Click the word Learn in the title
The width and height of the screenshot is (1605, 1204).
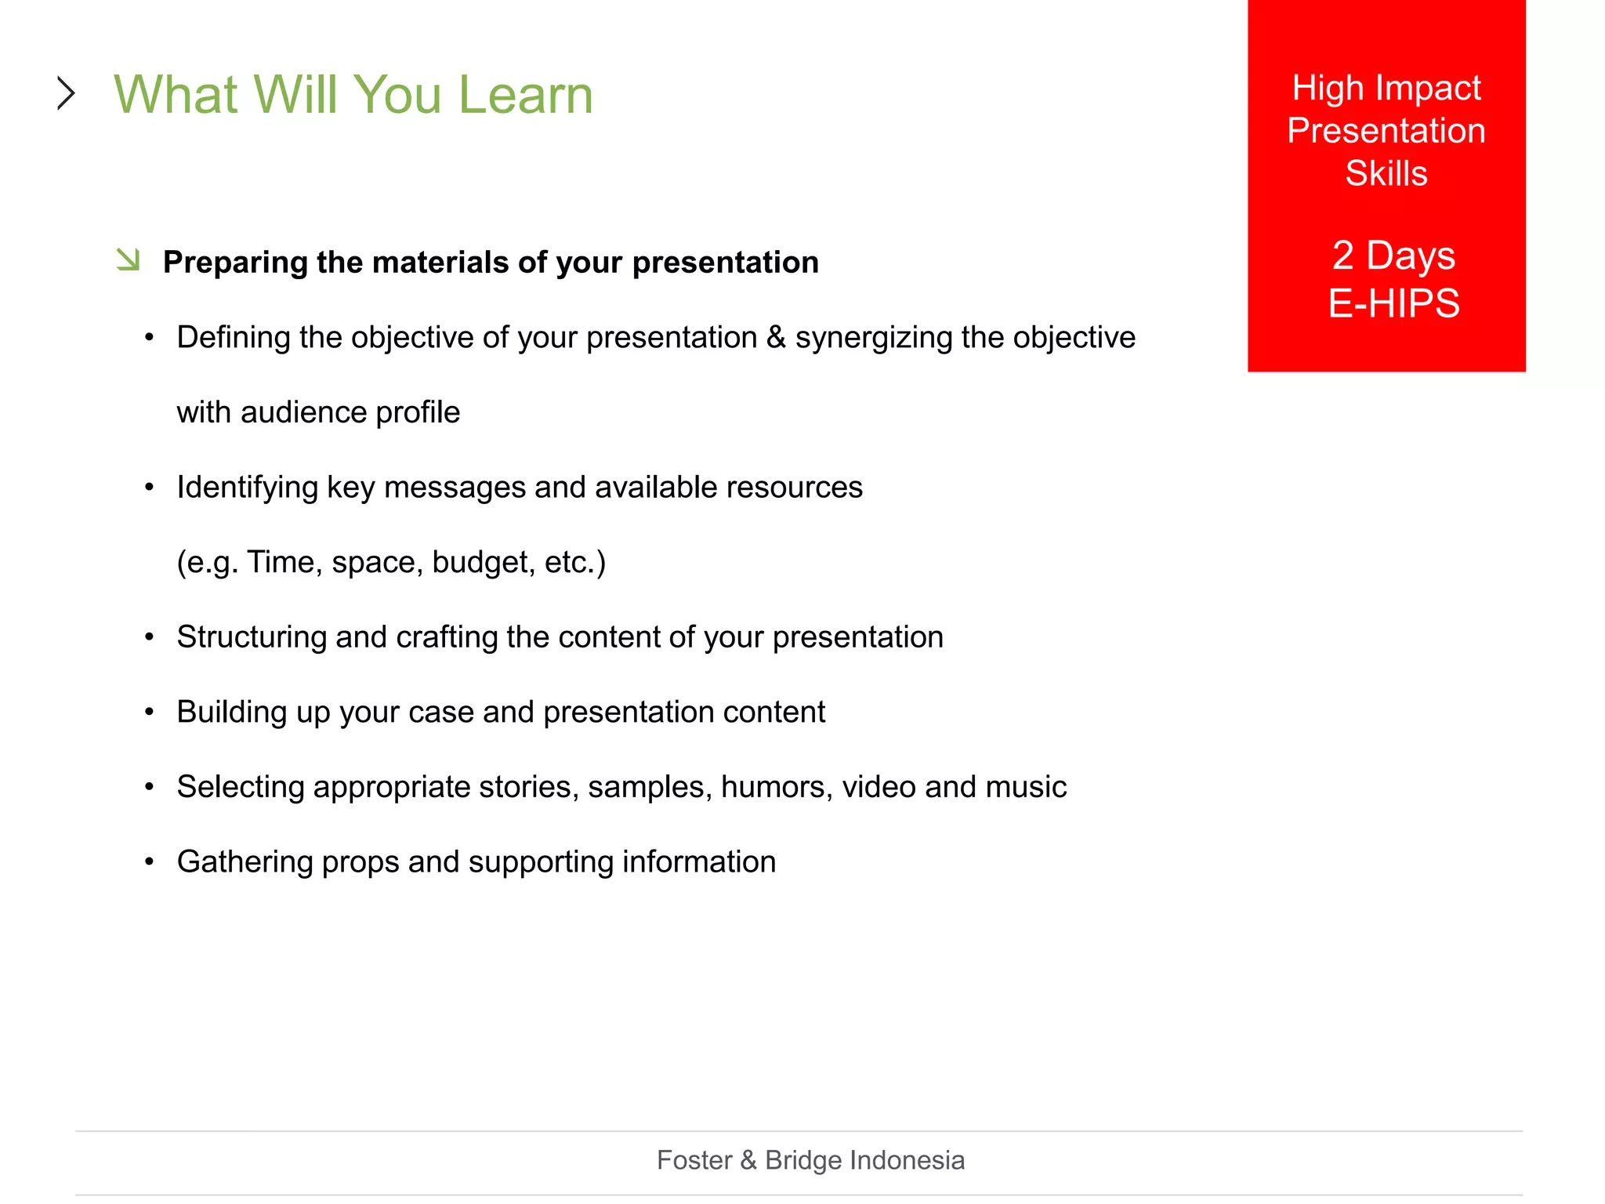525,95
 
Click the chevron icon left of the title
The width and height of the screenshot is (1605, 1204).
67,93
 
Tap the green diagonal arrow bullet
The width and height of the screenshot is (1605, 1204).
128,259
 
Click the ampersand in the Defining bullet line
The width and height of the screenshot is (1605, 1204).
776,338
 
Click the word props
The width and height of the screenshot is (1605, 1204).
360,862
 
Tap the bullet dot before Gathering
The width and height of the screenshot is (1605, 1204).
150,862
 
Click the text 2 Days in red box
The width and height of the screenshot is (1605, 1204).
1393,256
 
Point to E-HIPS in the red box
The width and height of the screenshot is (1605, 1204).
1393,303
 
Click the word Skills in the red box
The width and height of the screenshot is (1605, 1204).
1386,173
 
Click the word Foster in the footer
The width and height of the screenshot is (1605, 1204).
694,1160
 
